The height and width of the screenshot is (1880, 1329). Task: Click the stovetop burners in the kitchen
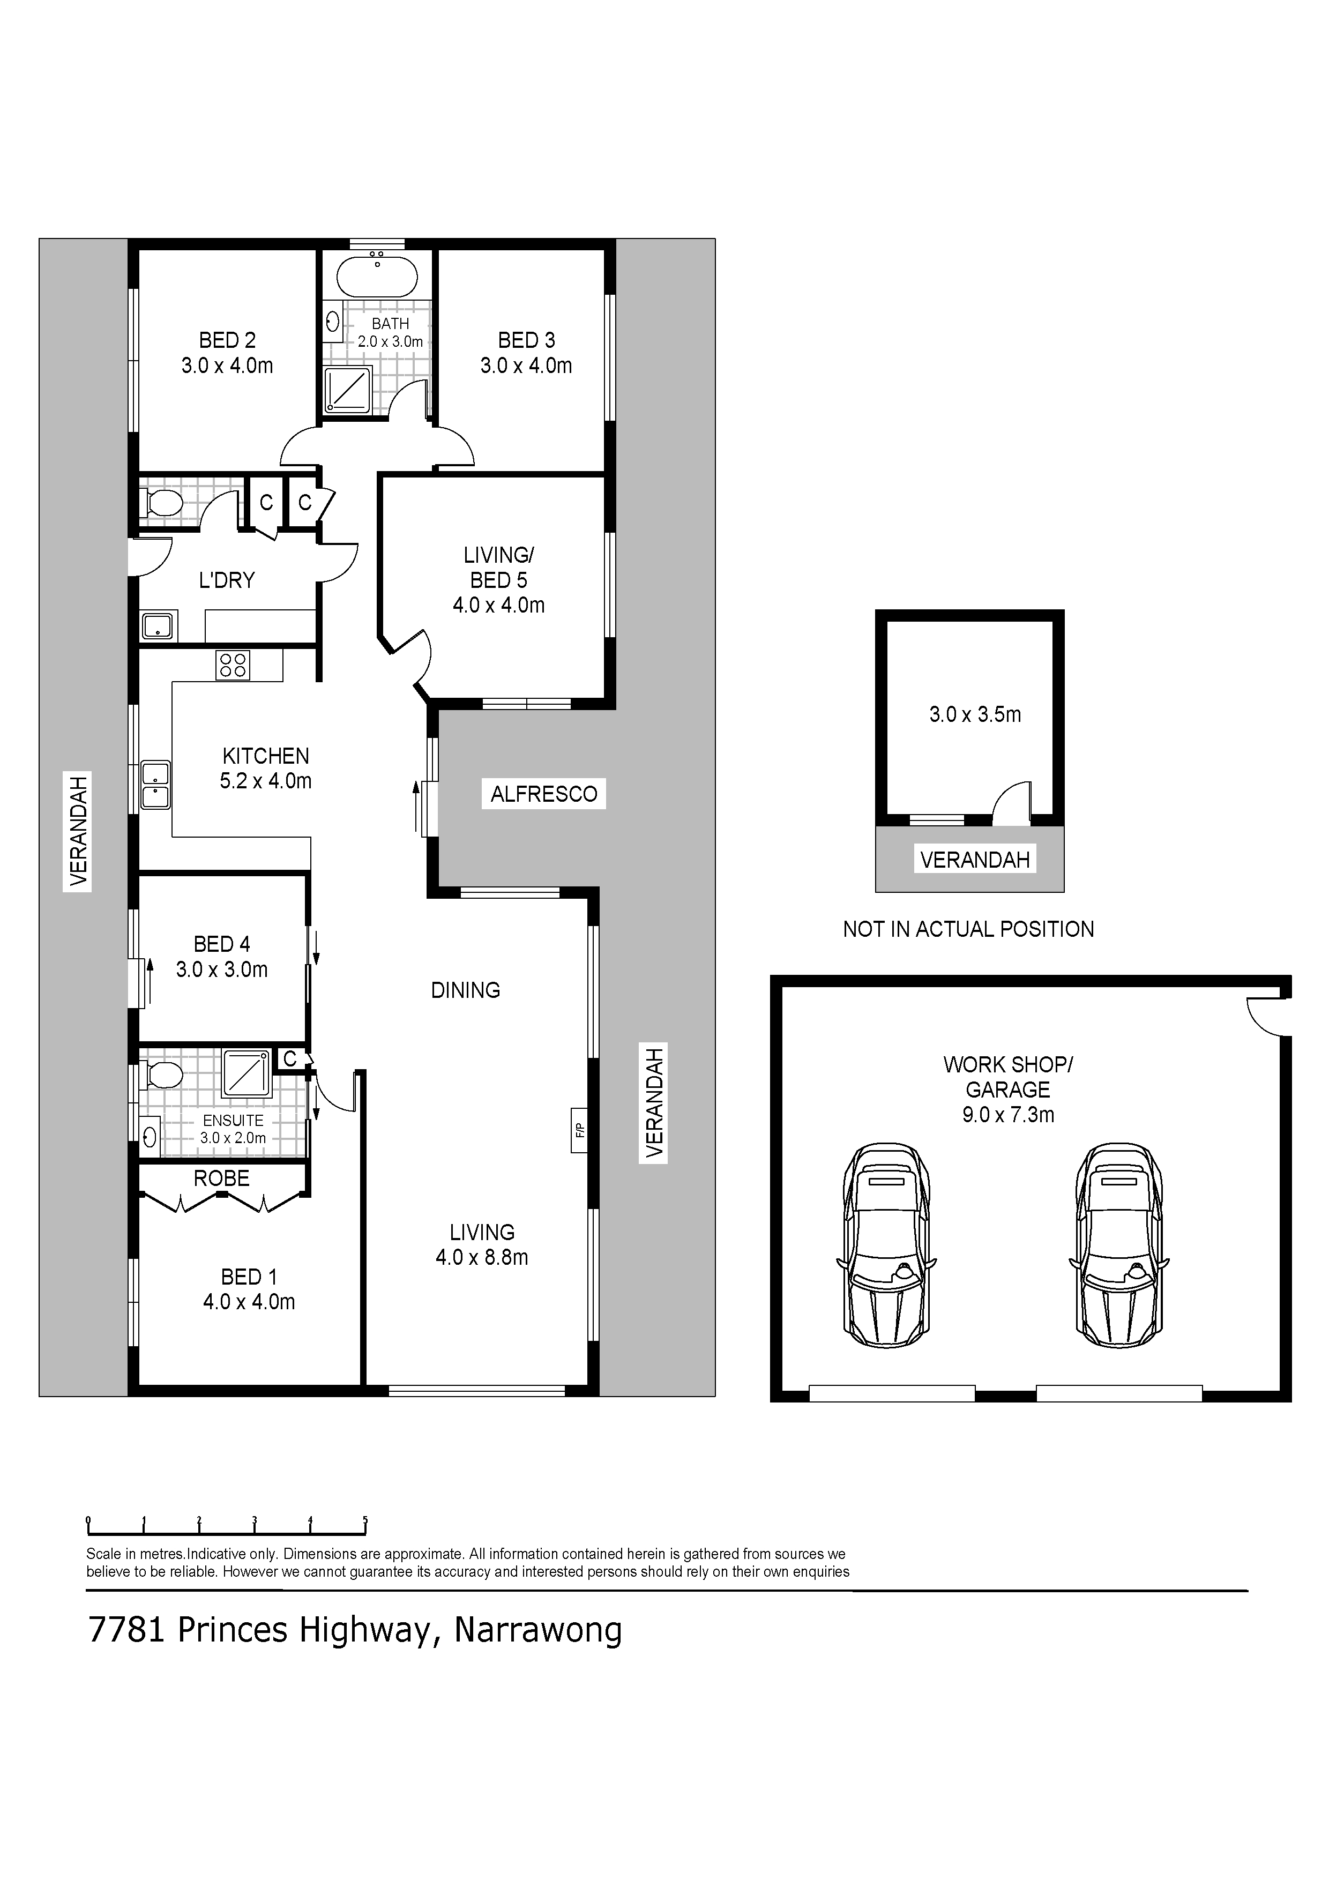tap(233, 665)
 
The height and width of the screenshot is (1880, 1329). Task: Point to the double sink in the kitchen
tap(155, 785)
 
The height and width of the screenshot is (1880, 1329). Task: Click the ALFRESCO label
tap(544, 794)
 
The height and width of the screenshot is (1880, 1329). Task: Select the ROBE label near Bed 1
tap(222, 1178)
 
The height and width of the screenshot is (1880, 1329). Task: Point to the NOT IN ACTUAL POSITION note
tap(969, 929)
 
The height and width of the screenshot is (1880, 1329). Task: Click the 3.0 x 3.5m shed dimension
tap(975, 715)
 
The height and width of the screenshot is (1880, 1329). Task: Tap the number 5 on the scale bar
tap(365, 1520)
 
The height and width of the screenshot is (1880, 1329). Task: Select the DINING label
tap(466, 991)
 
